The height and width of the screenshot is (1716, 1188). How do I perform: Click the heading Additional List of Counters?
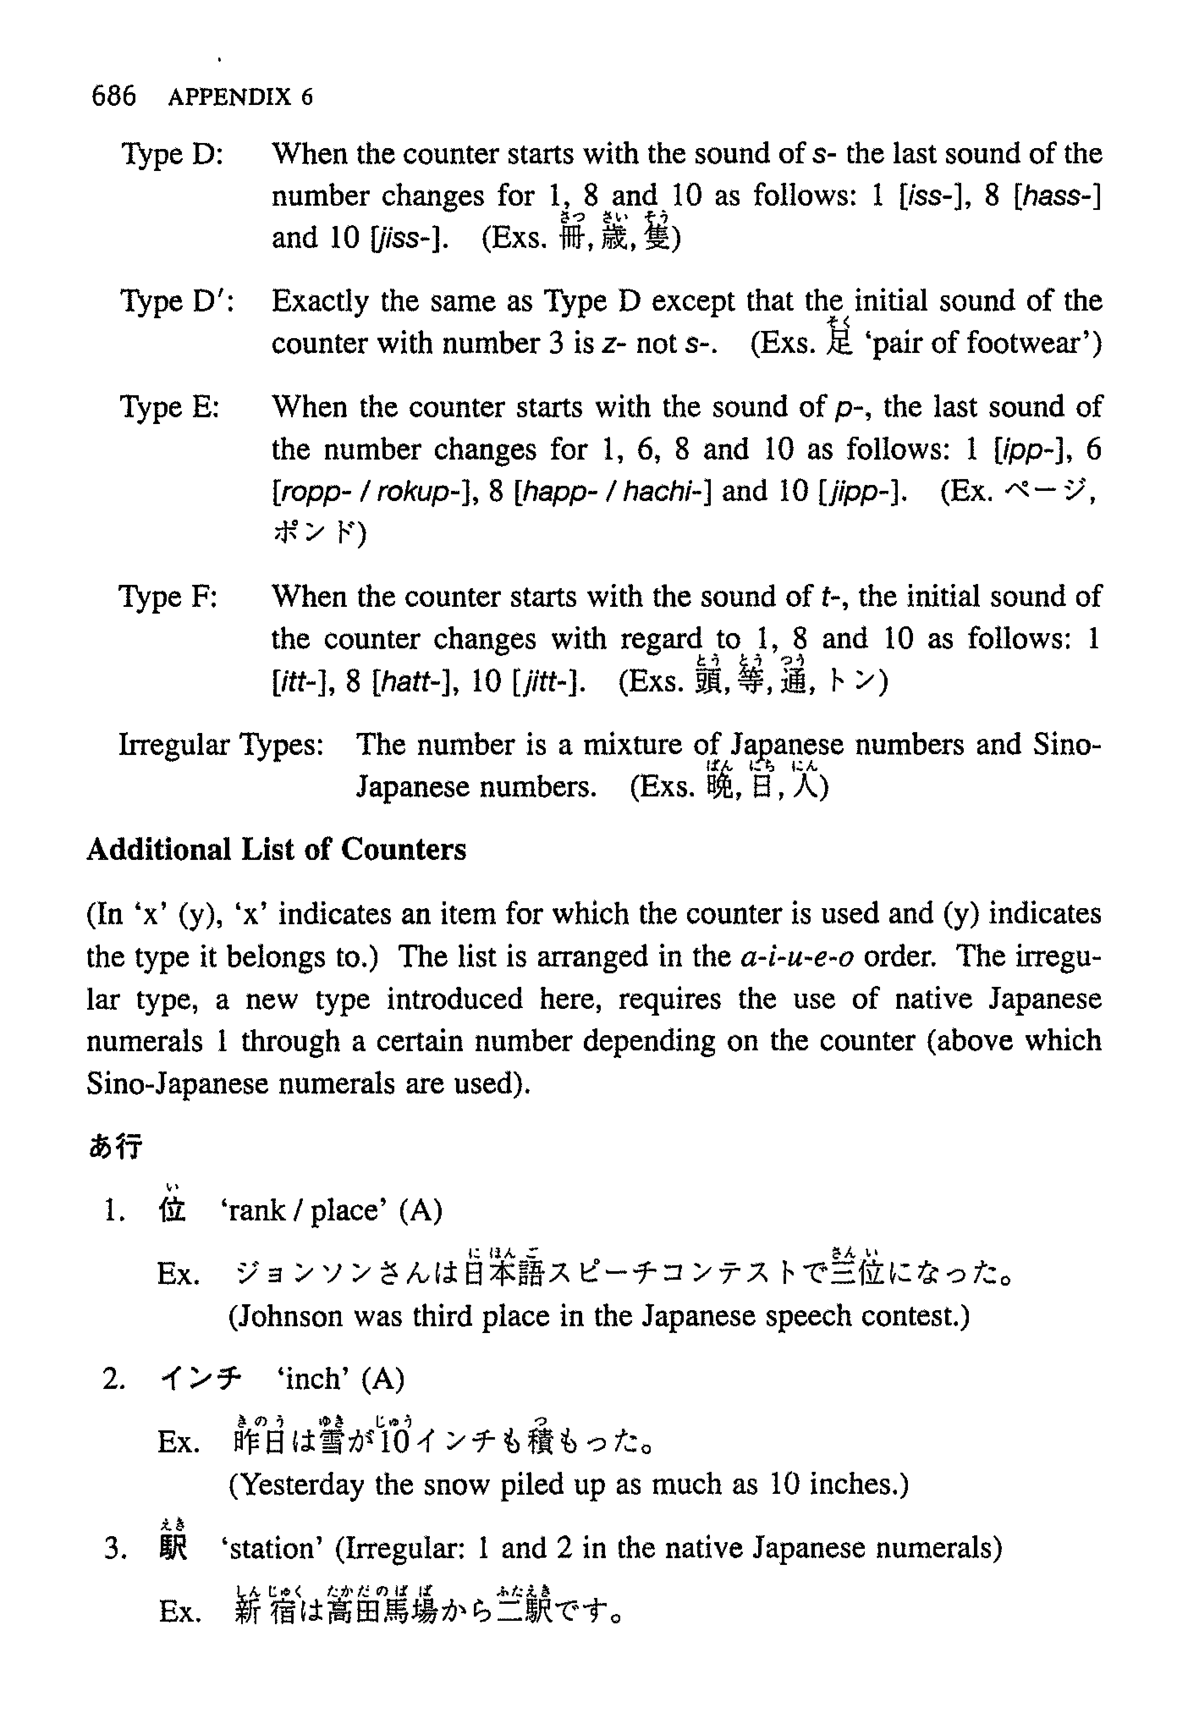pyautogui.click(x=276, y=849)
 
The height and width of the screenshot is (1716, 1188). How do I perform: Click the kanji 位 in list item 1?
pyautogui.click(x=172, y=1210)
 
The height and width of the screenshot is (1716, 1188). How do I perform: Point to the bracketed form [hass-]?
pyautogui.click(x=1057, y=196)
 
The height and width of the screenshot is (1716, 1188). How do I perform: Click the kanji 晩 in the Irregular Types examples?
pyautogui.click(x=720, y=787)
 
